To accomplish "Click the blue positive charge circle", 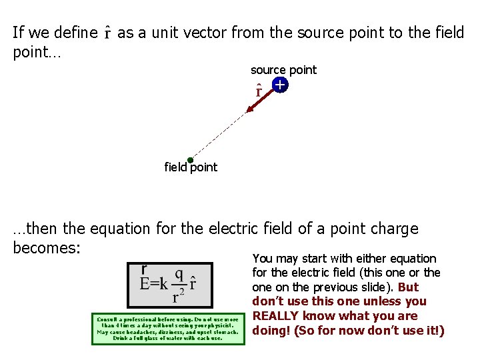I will click(279, 85).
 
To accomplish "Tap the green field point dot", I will click(190, 160).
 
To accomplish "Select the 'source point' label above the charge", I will click(283, 70).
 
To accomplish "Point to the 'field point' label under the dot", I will click(191, 167).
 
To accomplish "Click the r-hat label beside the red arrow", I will click(259, 89).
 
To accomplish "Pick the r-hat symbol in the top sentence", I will click(108, 33).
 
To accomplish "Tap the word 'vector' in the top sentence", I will click(203, 32).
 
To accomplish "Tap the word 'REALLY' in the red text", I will click(279, 316).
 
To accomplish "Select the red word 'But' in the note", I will click(408, 287).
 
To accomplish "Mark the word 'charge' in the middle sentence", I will click(395, 229).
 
